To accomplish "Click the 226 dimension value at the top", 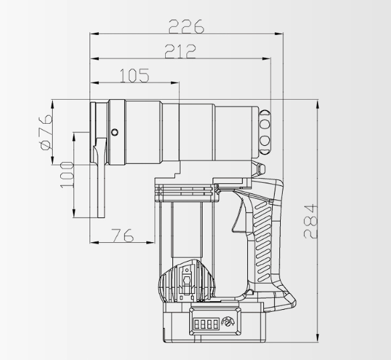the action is [x=186, y=27].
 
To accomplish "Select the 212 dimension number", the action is [x=180, y=51].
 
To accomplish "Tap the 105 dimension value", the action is [x=134, y=76].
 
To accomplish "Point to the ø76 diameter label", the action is [x=47, y=132].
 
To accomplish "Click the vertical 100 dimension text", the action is [x=67, y=175].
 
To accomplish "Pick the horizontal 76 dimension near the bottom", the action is [x=122, y=235].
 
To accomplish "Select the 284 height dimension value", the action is [x=310, y=221].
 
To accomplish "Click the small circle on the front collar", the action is [x=115, y=132].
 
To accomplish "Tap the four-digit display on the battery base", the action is [x=207, y=324].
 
